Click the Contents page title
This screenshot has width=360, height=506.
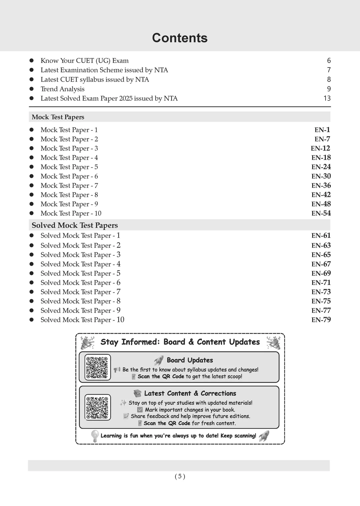[180, 38]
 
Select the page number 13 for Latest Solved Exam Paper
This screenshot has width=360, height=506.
[327, 98]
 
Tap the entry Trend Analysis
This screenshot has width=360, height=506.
[63, 89]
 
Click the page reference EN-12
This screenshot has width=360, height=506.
[320, 148]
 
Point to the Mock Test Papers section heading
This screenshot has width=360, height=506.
[58, 117]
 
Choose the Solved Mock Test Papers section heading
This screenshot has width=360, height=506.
[75, 225]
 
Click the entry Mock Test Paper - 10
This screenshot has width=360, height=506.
[71, 213]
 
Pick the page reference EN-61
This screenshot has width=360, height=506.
[321, 236]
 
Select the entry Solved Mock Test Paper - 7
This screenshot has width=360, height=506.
[81, 292]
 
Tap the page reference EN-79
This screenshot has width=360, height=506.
[321, 320]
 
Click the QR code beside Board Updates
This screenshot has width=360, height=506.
[97, 367]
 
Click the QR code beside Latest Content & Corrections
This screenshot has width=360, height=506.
[97, 408]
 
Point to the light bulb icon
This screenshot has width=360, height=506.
[95, 436]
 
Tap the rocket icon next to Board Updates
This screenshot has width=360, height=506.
[159, 360]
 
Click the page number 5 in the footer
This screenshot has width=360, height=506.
[180, 476]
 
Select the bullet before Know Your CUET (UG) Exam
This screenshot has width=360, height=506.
[31, 61]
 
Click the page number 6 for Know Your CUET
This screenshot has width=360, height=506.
[329, 61]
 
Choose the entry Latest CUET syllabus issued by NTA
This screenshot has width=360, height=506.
[95, 79]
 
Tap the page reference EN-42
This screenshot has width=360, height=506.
[321, 195]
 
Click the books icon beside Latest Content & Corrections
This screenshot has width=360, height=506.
[137, 393]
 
